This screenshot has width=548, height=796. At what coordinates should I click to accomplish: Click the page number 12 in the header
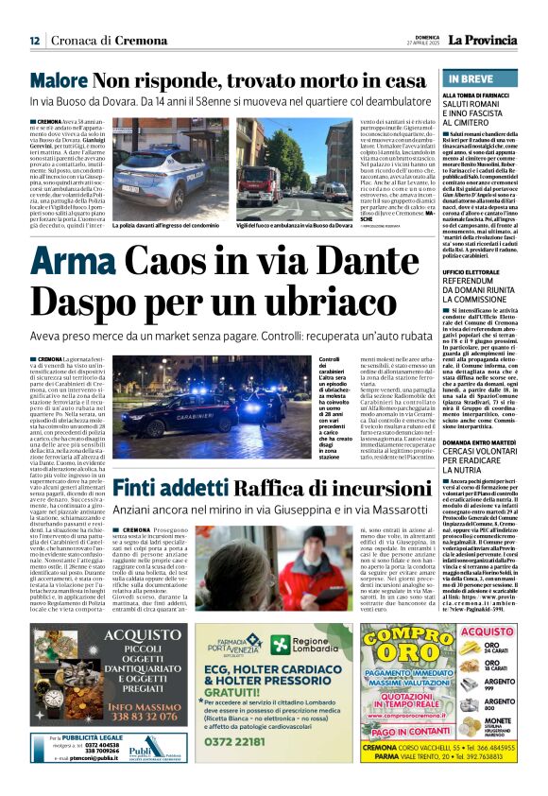pyautogui.click(x=34, y=40)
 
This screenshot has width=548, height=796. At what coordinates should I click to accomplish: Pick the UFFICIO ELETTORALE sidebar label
pyautogui.click(x=478, y=271)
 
